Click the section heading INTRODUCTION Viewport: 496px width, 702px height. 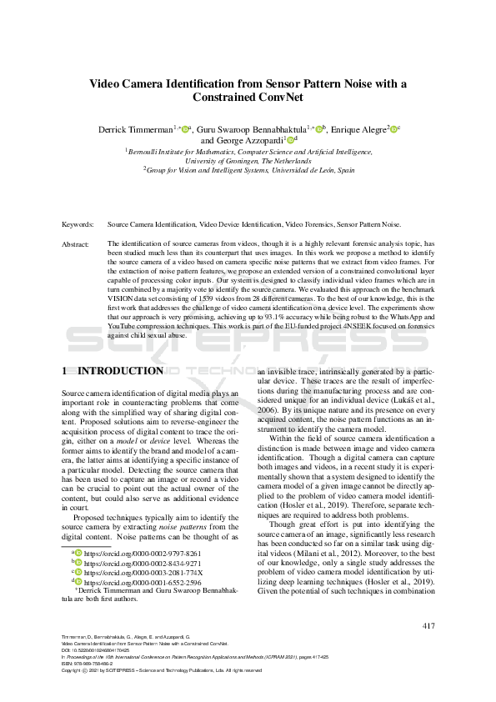coord(120,370)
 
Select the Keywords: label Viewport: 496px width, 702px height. coord(78,224)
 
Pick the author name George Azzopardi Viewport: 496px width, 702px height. coord(250,141)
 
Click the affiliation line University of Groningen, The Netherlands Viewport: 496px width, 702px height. coord(248,160)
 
